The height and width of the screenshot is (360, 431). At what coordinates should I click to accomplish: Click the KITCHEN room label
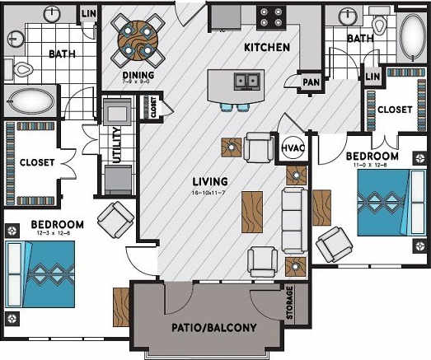pyautogui.click(x=266, y=48)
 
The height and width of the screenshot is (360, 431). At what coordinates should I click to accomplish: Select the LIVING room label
pyautogui.click(x=209, y=181)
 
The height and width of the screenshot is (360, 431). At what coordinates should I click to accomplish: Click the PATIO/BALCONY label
pyautogui.click(x=213, y=328)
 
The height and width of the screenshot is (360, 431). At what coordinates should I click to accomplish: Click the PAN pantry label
pyautogui.click(x=311, y=82)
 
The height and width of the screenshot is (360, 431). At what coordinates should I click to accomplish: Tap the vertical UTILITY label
pyautogui.click(x=116, y=145)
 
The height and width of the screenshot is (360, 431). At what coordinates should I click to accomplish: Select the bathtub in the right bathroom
pyautogui.click(x=409, y=35)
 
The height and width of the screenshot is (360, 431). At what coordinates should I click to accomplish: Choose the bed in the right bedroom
pyautogui.click(x=382, y=202)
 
